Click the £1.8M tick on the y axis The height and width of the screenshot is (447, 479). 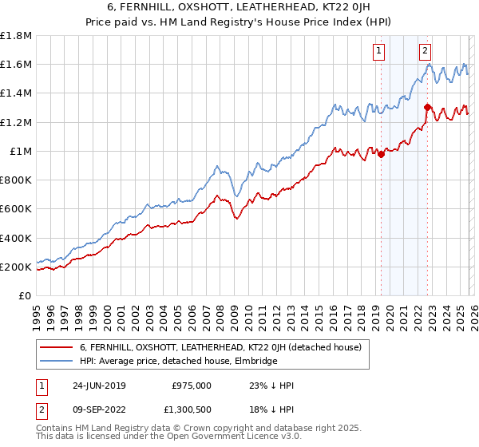16,36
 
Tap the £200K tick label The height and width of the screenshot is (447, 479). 16,267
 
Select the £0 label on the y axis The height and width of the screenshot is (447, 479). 25,295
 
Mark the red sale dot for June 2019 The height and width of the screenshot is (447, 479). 382,155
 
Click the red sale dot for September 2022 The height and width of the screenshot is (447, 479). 427,108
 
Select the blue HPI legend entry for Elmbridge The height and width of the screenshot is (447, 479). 178,362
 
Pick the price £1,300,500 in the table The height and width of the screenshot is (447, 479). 191,411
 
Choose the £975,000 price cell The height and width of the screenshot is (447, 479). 191,386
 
